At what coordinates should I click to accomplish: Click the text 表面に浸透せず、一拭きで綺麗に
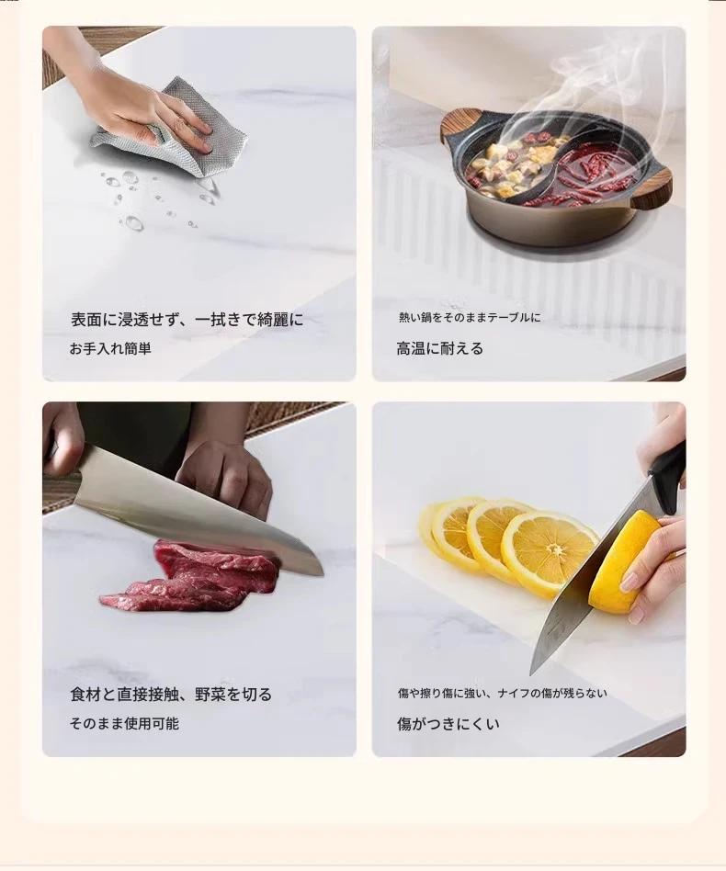(187, 320)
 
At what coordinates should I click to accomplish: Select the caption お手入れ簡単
(110, 348)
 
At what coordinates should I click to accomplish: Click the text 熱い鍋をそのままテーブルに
(470, 318)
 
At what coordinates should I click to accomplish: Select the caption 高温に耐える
(439, 348)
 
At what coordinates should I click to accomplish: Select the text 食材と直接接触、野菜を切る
(171, 695)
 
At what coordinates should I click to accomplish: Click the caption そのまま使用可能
(124, 723)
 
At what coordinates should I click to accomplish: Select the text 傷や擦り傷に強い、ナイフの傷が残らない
(502, 694)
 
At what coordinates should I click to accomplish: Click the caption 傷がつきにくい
(448, 723)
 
